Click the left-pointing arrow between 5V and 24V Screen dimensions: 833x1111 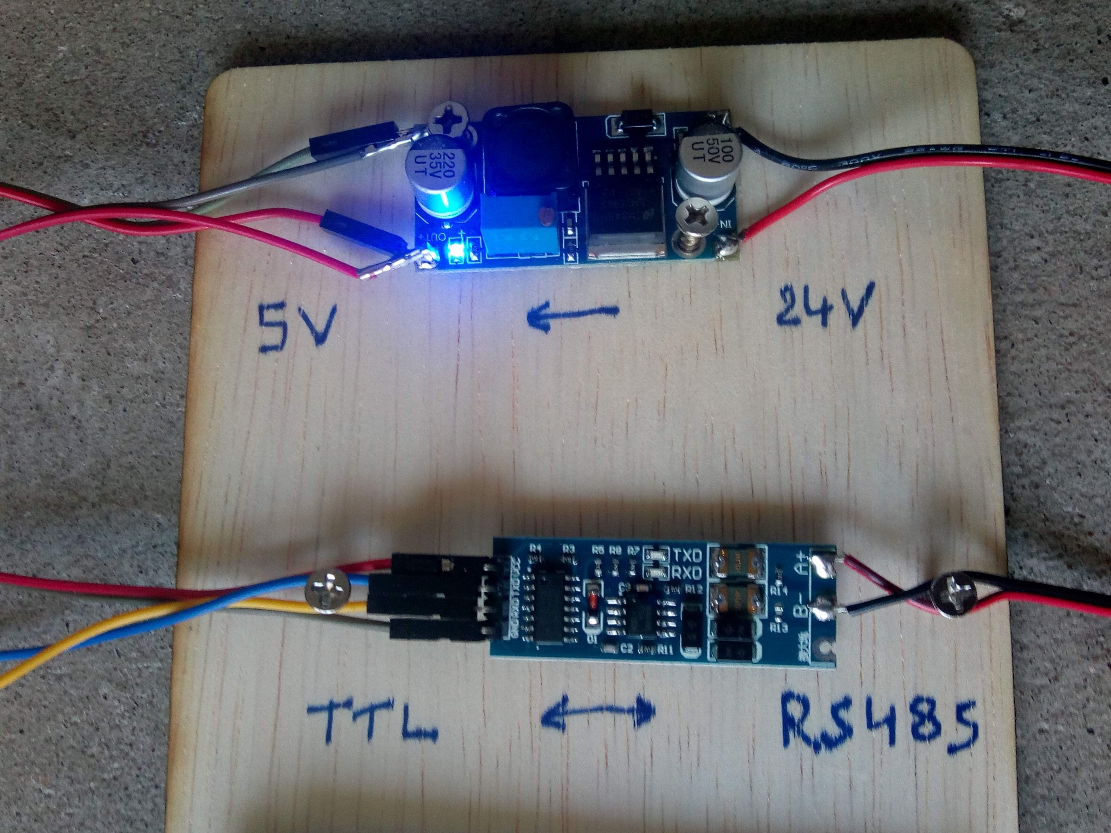pyautogui.click(x=571, y=314)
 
